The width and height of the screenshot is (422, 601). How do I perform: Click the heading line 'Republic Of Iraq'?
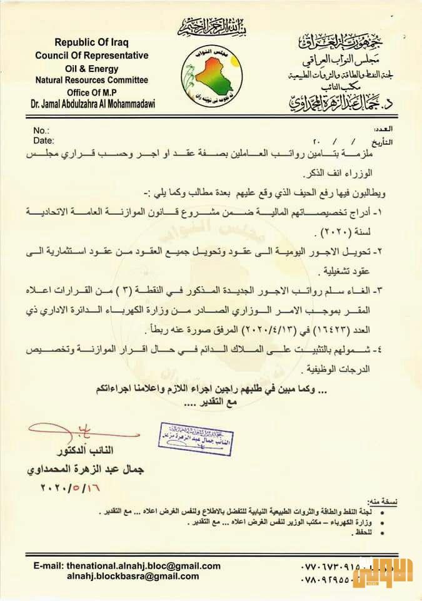(x=91, y=43)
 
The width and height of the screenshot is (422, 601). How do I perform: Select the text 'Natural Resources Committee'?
(x=91, y=80)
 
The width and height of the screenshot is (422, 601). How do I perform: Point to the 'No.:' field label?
(x=41, y=130)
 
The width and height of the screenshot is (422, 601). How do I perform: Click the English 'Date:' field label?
(x=42, y=140)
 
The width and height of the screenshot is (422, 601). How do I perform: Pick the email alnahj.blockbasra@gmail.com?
(x=133, y=576)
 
